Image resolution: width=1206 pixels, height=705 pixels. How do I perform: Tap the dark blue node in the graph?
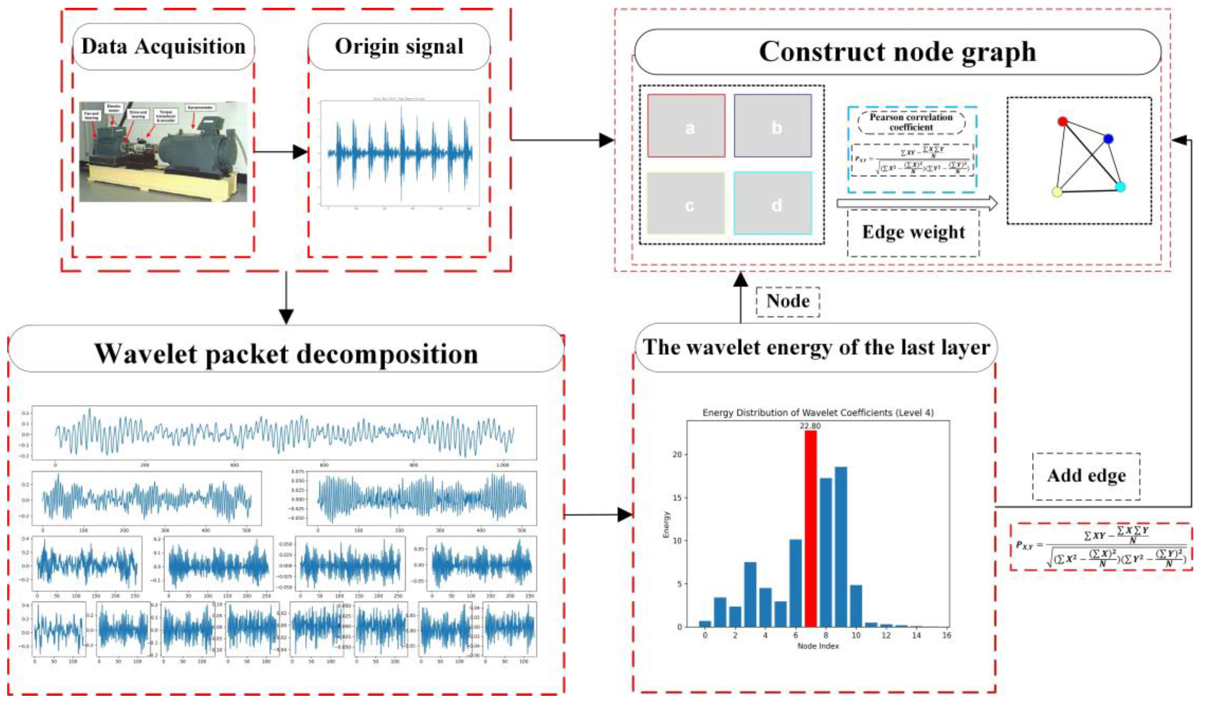tap(1108, 139)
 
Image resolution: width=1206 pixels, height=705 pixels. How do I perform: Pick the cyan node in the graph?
tap(1120, 187)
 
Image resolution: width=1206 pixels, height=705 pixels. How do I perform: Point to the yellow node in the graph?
tap(1057, 192)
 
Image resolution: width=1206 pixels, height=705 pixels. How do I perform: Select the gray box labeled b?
tap(773, 126)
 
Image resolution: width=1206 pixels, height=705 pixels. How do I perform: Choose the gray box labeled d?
tap(773, 204)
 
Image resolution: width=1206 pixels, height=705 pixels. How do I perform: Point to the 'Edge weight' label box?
tap(913, 232)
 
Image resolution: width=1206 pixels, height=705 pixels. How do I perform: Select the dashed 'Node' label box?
tap(788, 301)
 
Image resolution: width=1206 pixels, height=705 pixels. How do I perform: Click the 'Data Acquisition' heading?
tap(163, 47)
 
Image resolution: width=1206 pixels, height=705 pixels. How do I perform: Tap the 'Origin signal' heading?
tap(399, 47)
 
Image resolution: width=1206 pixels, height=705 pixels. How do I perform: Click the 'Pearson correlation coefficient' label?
tap(911, 122)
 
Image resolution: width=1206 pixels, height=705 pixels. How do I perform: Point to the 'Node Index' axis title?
tap(818, 646)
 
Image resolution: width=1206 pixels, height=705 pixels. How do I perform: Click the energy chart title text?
tap(818, 412)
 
